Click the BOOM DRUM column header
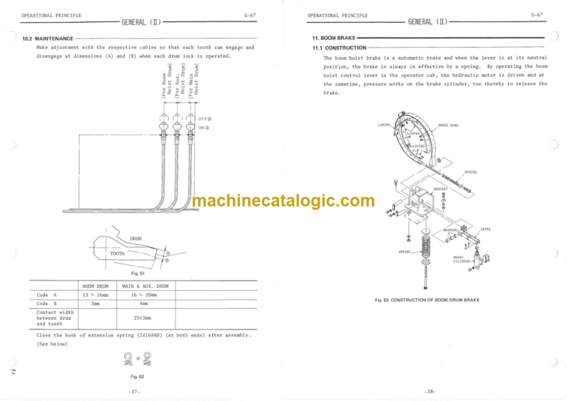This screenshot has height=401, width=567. pyautogui.click(x=96, y=286)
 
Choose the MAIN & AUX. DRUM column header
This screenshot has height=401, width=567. pyautogui.click(x=144, y=286)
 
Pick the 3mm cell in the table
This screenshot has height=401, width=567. pyautogui.click(x=96, y=303)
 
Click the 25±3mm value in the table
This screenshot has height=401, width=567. pyautogui.click(x=143, y=318)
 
